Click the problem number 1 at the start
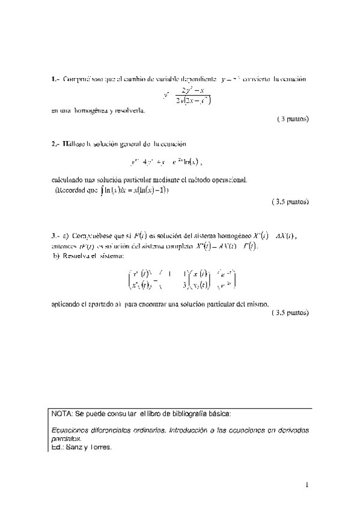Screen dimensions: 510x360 [x=53, y=79]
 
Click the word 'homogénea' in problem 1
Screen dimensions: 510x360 [x=91, y=110]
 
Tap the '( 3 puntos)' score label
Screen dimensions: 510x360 [x=293, y=118]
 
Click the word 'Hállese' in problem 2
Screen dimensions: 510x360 [x=74, y=144]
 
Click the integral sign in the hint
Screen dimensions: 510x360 [x=103, y=191]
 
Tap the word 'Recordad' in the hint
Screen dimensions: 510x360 [x=72, y=191]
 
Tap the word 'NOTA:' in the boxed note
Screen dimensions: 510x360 [x=62, y=414]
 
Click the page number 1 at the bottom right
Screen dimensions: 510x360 [x=307, y=483]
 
